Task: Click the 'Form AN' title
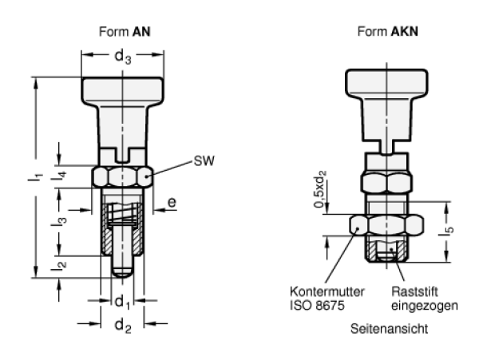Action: click(125, 31)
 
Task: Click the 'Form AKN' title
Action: click(388, 31)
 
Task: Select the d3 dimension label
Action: click(123, 57)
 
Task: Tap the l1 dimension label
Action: click(35, 177)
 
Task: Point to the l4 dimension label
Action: click(59, 176)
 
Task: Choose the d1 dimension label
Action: click(122, 302)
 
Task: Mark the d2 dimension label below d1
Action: click(123, 326)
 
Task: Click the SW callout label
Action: click(204, 160)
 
